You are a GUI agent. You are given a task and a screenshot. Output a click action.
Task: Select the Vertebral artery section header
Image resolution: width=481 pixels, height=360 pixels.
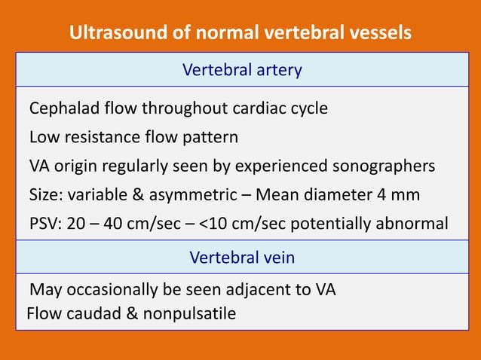[242, 71]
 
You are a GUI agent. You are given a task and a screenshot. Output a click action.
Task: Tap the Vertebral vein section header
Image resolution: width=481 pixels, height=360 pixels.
[242, 258]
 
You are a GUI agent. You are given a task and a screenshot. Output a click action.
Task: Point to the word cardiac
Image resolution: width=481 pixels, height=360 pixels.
[262, 108]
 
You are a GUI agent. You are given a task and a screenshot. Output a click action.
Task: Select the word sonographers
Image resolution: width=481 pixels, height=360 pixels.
[389, 166]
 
